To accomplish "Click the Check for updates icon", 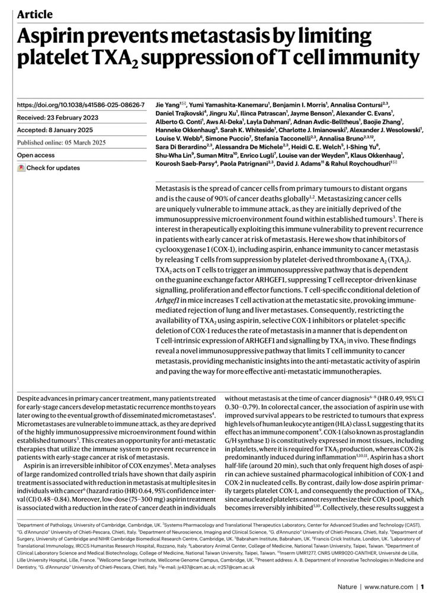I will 21,168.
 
